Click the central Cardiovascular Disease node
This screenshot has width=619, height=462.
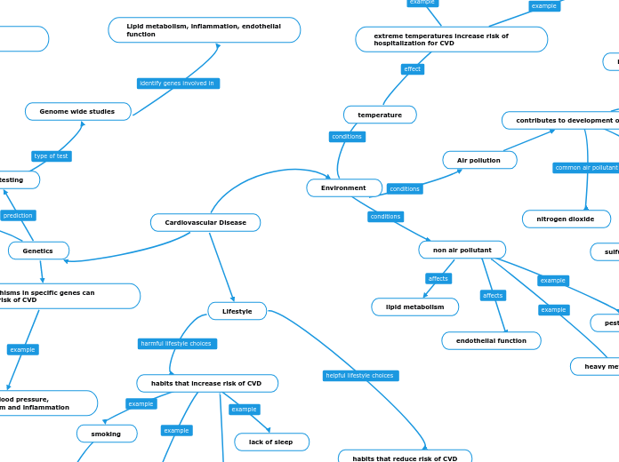tap(205, 222)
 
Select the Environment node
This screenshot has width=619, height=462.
tap(344, 188)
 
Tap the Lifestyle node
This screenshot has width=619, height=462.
tap(237, 311)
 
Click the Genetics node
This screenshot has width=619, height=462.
tap(38, 251)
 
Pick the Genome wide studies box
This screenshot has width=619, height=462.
tap(77, 111)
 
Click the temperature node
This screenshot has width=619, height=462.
tap(380, 115)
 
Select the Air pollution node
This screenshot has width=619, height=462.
tap(479, 160)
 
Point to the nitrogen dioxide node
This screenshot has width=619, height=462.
tap(566, 219)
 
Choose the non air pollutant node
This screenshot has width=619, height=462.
tap(462, 250)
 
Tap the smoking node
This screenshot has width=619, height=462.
tap(107, 434)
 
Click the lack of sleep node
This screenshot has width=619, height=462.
tap(271, 442)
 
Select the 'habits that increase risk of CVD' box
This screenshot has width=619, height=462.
tap(206, 383)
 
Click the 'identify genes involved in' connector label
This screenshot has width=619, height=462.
tap(178, 84)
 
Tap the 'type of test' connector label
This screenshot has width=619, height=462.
tap(52, 156)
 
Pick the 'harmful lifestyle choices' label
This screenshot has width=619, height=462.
tap(177, 344)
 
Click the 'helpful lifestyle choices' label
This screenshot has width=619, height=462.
tap(360, 376)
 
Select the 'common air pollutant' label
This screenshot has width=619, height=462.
tap(585, 168)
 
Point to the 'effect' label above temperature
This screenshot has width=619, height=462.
tap(412, 69)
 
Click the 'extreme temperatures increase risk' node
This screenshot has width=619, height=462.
tap(451, 39)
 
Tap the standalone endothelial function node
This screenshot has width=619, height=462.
tap(491, 340)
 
